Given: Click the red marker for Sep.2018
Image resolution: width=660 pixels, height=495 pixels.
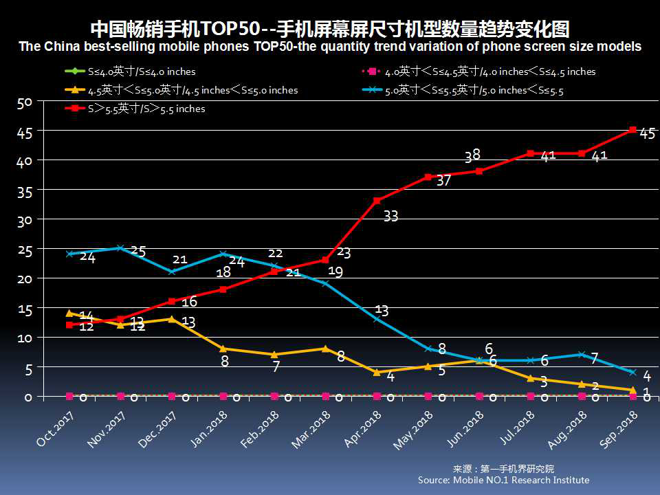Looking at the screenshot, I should pyautogui.click(x=632, y=129).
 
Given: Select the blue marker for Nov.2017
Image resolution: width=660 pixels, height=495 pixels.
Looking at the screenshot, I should pyautogui.click(x=120, y=248).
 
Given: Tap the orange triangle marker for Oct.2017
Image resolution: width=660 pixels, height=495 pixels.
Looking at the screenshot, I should pyautogui.click(x=69, y=313).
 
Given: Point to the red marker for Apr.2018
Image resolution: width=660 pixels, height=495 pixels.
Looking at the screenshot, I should pyautogui.click(x=377, y=201).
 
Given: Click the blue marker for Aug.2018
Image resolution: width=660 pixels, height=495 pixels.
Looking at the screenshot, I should pyautogui.click(x=582, y=355).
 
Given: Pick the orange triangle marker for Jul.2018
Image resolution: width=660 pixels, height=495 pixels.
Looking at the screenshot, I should pyautogui.click(x=530, y=378).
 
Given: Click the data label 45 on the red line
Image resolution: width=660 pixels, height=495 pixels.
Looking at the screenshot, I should pyautogui.click(x=647, y=134).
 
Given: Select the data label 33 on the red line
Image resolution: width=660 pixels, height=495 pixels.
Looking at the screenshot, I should pyautogui.click(x=390, y=216).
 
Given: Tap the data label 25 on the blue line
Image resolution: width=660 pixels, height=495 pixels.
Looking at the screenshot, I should pyautogui.click(x=138, y=252).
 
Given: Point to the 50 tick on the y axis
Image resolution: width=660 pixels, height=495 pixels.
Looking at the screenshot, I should pyautogui.click(x=25, y=102).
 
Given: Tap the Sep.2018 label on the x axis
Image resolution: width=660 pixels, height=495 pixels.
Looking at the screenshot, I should pyautogui.click(x=619, y=429).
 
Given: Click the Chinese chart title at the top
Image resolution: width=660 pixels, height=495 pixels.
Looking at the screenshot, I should pyautogui.click(x=330, y=30).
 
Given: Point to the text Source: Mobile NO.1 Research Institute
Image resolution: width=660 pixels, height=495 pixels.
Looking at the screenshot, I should pyautogui.click(x=503, y=480).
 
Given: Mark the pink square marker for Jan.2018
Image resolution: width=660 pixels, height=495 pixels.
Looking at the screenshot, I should pyautogui.click(x=223, y=396).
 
